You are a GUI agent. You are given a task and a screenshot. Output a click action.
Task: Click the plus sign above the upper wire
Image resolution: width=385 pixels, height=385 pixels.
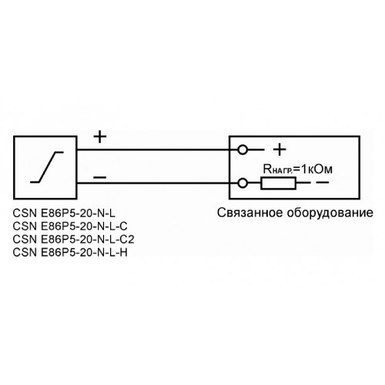[100, 136]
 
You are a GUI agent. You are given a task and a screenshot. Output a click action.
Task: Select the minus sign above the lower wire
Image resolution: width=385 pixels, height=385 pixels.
[100, 177]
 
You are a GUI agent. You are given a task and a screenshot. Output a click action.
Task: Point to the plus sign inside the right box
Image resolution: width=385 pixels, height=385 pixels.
[280, 149]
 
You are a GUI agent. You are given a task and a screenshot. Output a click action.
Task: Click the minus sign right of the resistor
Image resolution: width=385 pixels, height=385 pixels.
[322, 182]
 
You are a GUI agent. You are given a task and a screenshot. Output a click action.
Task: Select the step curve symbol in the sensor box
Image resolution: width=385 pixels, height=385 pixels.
[47, 167]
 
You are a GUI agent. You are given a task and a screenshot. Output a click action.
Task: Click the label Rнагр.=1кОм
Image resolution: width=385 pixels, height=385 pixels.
[298, 169]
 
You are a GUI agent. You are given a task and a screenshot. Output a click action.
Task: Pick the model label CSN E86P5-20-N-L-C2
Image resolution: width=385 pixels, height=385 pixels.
[73, 239]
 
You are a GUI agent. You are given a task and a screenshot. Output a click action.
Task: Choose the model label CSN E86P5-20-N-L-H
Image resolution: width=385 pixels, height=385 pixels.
[70, 253]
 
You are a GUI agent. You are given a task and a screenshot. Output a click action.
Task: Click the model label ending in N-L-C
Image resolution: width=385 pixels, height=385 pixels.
[70, 226]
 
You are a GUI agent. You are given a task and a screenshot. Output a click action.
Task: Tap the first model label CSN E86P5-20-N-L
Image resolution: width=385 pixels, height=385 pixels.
[64, 213]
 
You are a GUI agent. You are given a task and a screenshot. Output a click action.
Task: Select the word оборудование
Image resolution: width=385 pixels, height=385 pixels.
[330, 213]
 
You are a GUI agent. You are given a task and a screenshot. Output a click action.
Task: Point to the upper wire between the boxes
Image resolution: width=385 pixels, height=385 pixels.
[153, 149]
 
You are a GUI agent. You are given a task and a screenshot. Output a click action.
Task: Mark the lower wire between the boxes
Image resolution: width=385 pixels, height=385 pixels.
[153, 183]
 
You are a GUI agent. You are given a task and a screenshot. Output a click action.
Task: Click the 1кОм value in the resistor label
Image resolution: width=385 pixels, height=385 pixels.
[316, 169]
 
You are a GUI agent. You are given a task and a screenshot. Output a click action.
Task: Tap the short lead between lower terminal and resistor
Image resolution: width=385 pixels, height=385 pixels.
[254, 183]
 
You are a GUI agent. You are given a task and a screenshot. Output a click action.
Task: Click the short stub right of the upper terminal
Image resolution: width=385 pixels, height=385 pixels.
[256, 149]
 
